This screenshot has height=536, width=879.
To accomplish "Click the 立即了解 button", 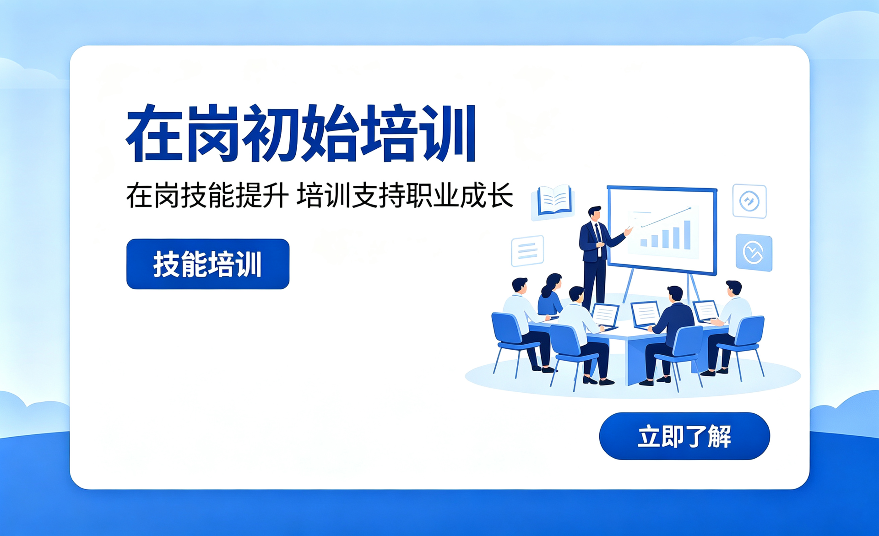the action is [684, 436].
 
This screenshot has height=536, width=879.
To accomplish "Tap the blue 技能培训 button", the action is [208, 264].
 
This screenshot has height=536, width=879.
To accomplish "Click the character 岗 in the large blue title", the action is [213, 133].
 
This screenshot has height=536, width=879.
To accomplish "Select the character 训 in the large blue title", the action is [450, 133].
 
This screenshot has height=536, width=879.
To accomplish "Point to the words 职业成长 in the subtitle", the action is [460, 195].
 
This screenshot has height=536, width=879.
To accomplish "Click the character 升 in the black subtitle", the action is [275, 195].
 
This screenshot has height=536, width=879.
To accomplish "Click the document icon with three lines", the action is [527, 251].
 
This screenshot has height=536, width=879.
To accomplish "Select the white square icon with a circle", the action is [749, 201].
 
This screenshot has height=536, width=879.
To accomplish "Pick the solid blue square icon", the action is [754, 253].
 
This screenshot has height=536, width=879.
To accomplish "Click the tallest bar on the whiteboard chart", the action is [687, 234].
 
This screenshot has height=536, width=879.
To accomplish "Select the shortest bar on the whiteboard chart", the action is [644, 243].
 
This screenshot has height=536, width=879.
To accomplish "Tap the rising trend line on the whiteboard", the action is [667, 217].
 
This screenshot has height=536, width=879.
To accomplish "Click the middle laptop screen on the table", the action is [646, 314].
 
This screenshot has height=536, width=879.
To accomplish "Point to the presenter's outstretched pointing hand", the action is [629, 230].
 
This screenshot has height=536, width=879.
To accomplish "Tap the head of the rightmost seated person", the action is [733, 289].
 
